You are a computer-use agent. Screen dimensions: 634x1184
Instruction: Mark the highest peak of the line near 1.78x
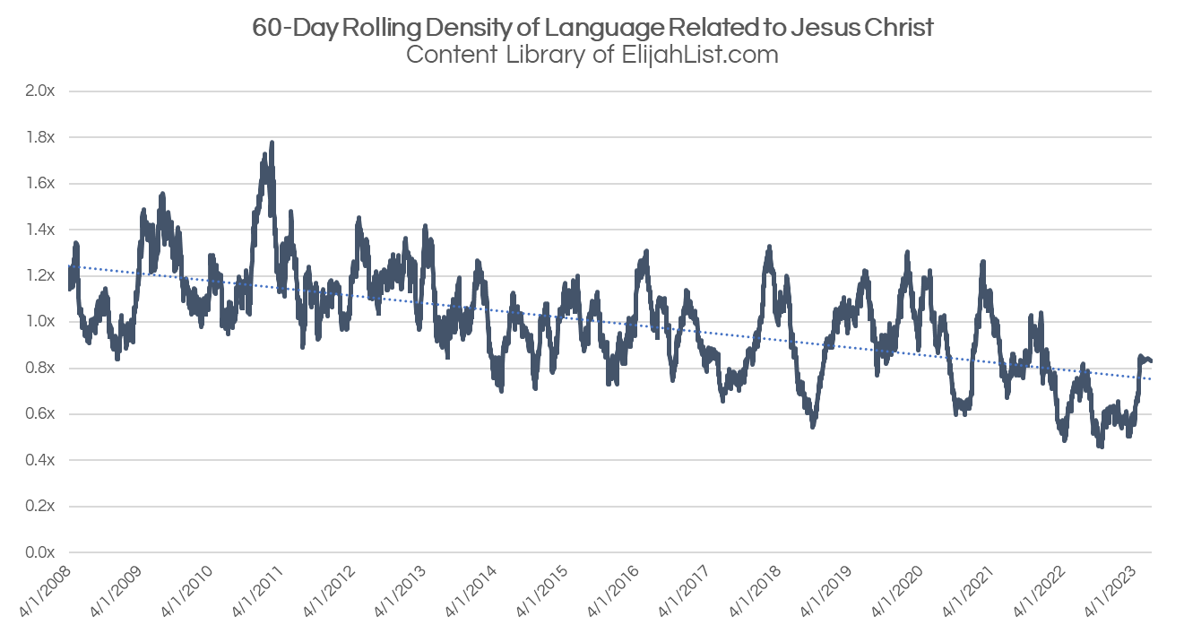click(x=271, y=143)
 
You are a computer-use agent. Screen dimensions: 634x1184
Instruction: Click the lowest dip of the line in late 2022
click(x=1100, y=445)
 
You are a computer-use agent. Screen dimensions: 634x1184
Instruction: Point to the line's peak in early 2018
click(x=769, y=247)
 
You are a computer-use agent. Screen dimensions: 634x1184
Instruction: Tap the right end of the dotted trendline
click(x=1151, y=378)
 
